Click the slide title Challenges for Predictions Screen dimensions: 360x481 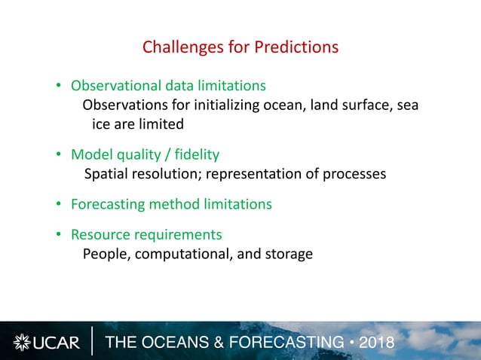coord(240,47)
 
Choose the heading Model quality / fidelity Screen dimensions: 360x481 coord(145,154)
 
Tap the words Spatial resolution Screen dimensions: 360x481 coord(139,174)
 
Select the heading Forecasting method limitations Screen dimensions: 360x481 coord(171,204)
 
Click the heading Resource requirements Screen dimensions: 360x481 coord(146,234)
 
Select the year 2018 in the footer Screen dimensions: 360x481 coord(377,343)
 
